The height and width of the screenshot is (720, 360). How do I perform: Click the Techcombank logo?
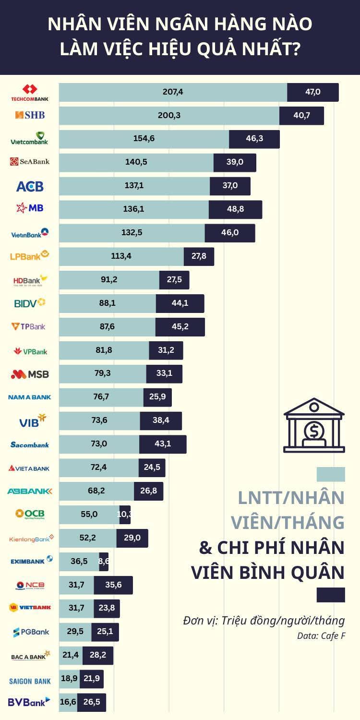tap(30, 93)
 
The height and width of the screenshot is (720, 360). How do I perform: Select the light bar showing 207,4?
tap(173, 92)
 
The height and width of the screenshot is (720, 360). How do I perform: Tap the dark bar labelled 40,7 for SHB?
tap(301, 116)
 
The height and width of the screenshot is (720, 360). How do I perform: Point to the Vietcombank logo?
tap(30, 139)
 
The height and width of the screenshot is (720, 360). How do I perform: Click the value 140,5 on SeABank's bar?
tap(136, 162)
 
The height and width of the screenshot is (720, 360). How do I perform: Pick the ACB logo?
tap(30, 186)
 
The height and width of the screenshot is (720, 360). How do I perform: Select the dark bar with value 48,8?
tap(235, 209)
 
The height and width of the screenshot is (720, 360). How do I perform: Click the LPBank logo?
tap(30, 255)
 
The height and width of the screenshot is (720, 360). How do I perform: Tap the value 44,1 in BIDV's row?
tap(180, 303)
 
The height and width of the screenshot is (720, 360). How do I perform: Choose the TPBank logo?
tap(29, 326)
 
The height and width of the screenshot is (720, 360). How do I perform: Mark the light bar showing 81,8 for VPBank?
tap(104, 350)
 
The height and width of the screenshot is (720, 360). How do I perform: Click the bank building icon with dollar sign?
tap(314, 425)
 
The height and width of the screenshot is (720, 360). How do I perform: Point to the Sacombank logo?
tap(30, 444)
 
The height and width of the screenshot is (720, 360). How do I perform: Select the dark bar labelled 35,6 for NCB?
tap(113, 585)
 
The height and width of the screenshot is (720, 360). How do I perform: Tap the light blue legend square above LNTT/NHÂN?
tap(331, 474)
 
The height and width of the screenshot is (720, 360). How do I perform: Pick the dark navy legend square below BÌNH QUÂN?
tap(331, 595)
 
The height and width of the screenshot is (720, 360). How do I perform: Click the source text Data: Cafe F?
tap(321, 636)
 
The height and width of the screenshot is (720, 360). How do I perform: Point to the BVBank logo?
tap(29, 702)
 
